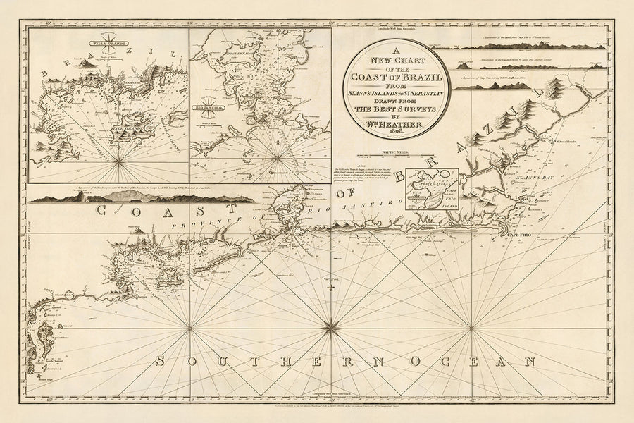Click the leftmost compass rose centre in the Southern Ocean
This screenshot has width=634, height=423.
(x=191, y=326)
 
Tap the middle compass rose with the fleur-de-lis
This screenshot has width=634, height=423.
(x=331, y=326)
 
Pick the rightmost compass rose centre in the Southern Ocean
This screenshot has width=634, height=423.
(x=471, y=326)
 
